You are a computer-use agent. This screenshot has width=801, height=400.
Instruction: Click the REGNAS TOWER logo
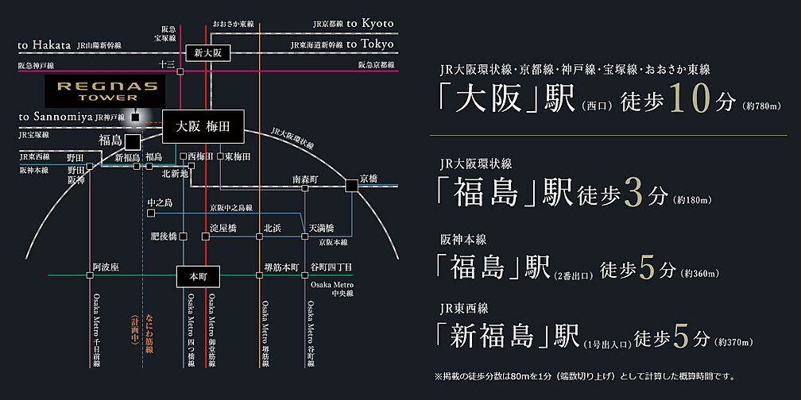(x=102, y=90)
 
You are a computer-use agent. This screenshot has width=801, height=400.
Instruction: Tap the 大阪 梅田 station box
(x=202, y=126)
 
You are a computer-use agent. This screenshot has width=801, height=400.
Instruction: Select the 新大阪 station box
(x=207, y=53)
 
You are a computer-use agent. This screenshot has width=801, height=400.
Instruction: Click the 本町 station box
(x=196, y=275)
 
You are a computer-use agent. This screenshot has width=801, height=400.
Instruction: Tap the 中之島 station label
(x=160, y=203)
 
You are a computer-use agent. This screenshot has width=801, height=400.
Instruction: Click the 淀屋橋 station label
(x=222, y=228)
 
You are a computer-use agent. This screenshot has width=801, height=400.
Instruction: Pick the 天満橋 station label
(x=322, y=228)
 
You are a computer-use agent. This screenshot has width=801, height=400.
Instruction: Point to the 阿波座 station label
(x=105, y=267)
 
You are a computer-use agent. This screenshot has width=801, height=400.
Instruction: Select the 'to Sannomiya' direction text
(x=54, y=117)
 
